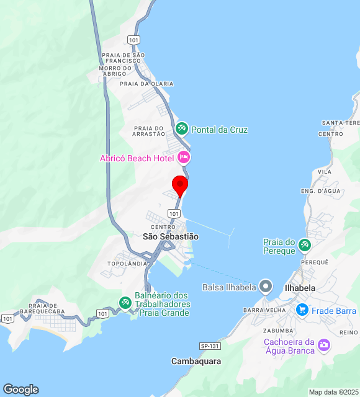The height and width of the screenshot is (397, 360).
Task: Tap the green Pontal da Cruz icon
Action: [182, 129]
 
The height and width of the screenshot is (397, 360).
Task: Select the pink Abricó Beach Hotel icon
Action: [184, 158]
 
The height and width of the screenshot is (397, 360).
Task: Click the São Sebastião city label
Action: [171, 236]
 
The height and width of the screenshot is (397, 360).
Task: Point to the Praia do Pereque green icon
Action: [304, 245]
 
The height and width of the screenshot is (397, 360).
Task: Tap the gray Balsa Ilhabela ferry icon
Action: [266, 287]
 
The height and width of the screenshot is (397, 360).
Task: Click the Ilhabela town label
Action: [300, 288]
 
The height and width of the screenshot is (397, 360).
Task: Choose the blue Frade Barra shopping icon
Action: [302, 310]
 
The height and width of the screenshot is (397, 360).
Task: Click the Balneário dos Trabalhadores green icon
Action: [125, 302]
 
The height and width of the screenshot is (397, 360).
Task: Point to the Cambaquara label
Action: [196, 361]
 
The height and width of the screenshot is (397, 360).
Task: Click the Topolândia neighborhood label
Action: [127, 264]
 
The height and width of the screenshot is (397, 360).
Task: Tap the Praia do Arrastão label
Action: [149, 130]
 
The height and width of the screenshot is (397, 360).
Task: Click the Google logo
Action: [20, 390]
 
